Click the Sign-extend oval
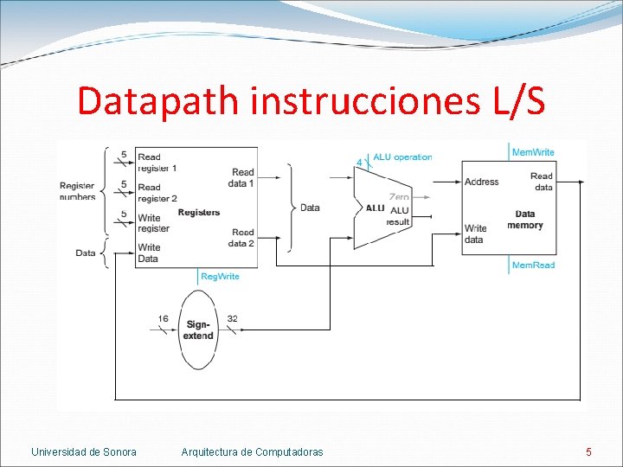pos(198,329)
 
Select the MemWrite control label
pos(533,153)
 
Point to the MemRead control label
pos(533,265)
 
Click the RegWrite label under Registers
pos(220,277)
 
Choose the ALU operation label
pos(402,157)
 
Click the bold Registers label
pos(199,213)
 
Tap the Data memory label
pos(525,220)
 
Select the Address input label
pos(481,182)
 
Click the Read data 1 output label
pos(242,177)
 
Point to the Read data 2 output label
pos(242,238)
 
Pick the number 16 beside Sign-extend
pos(163,319)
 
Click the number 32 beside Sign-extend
pos(232,319)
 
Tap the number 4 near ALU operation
pos(359,162)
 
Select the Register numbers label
pos(78,191)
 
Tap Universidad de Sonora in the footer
pos(84,451)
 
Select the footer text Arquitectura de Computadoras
pos(253,451)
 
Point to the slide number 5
pos(588,451)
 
